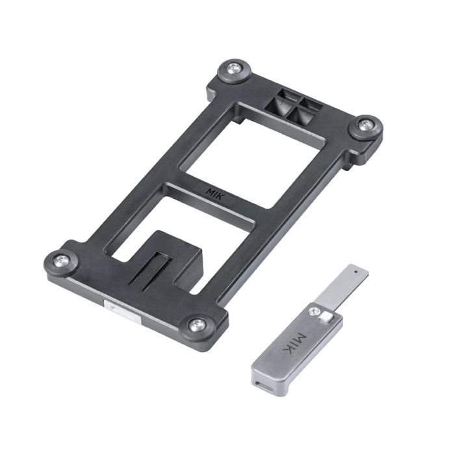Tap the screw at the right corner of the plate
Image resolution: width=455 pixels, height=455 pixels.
pyautogui.click(x=365, y=125)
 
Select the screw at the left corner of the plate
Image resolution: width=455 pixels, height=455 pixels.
pyautogui.click(x=62, y=260)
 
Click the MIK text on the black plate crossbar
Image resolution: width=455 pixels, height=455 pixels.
pyautogui.click(x=215, y=194)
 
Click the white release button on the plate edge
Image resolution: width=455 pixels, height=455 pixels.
pyautogui.click(x=123, y=312)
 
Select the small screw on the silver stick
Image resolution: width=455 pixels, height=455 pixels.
pyautogui.click(x=313, y=311)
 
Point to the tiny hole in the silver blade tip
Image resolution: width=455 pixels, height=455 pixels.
pyautogui.click(x=356, y=272)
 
